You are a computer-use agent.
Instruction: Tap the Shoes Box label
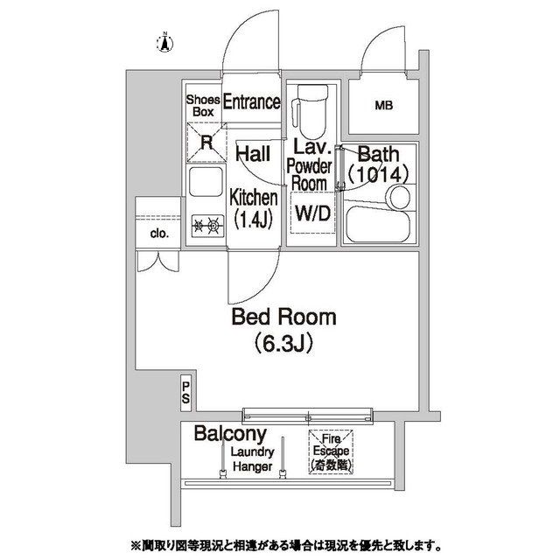202,106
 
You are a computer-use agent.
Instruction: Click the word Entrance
251,102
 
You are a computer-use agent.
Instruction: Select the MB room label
383,107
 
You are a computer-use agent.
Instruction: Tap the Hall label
253,155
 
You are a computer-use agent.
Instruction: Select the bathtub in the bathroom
377,226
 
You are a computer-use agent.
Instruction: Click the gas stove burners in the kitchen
206,227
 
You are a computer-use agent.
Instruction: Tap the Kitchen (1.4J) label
253,207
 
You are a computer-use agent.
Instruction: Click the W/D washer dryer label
311,213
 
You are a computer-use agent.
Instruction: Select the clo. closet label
158,234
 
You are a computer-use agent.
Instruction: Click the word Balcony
230,435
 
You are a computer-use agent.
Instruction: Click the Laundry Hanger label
253,459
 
